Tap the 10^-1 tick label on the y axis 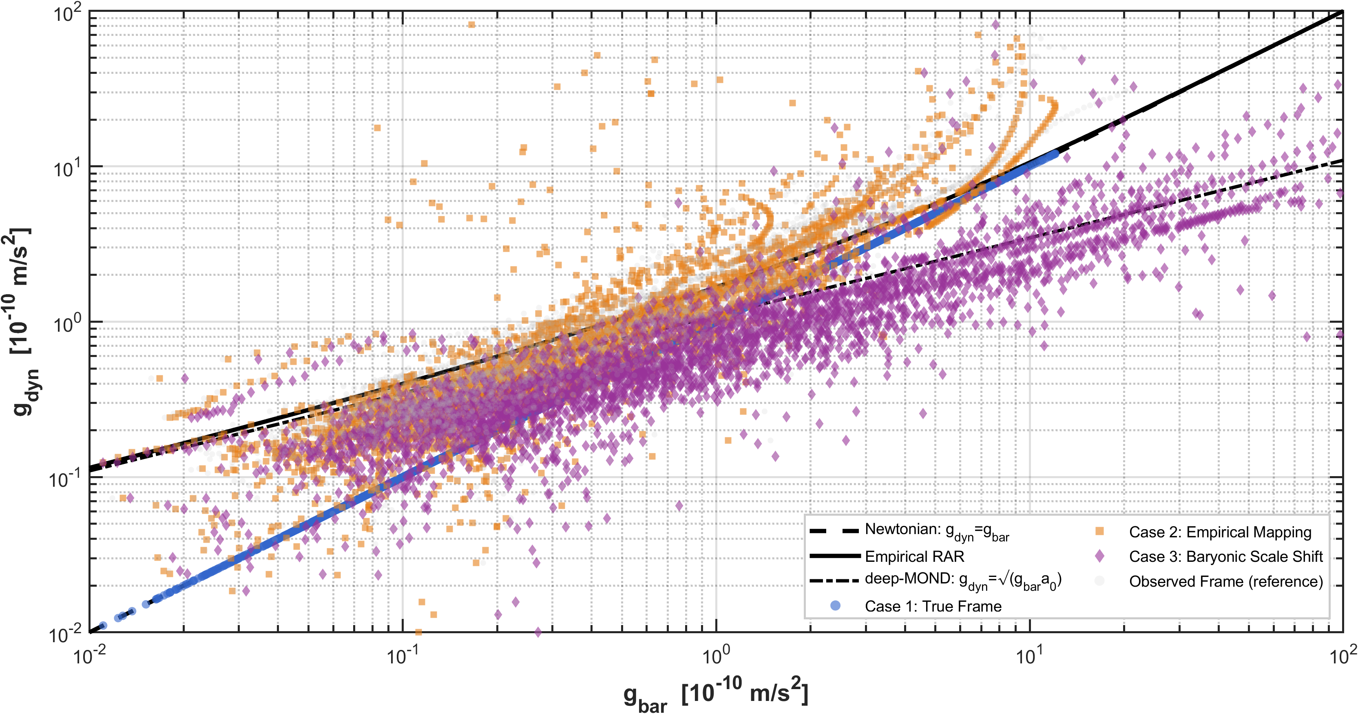click(64, 479)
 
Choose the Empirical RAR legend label click(914, 557)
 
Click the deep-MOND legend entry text click(962, 580)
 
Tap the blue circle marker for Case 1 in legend click(835, 605)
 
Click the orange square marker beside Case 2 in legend click(1099, 532)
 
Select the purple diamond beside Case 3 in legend click(1099, 556)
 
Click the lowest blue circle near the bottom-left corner click(103, 625)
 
